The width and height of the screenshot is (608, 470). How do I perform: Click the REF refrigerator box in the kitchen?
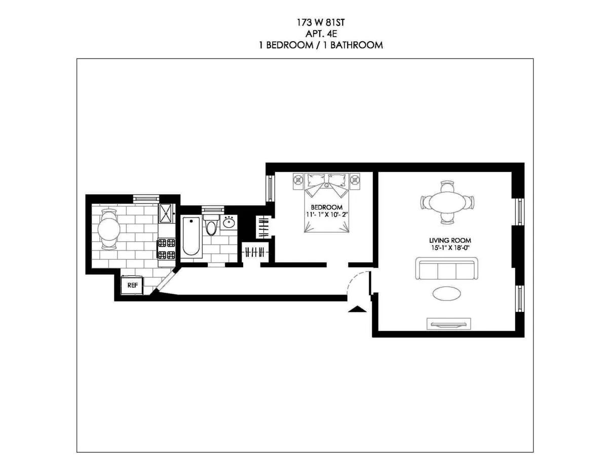click(x=132, y=285)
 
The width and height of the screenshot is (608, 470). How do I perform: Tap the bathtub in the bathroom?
click(x=191, y=235)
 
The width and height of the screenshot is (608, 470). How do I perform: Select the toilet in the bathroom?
click(x=211, y=225)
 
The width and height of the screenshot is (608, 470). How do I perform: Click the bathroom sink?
click(x=229, y=223)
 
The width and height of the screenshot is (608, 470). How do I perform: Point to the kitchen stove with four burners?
click(x=166, y=249)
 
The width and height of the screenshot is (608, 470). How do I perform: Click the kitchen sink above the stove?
click(x=166, y=213)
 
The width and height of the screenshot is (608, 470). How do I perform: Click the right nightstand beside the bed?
click(x=356, y=179)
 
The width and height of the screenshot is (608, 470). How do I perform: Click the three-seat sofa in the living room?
click(x=446, y=269)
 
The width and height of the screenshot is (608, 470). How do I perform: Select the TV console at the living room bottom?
click(x=448, y=323)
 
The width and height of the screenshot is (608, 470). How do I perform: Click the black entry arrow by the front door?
click(x=358, y=309)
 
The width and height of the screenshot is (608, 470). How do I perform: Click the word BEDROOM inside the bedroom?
click(x=326, y=207)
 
